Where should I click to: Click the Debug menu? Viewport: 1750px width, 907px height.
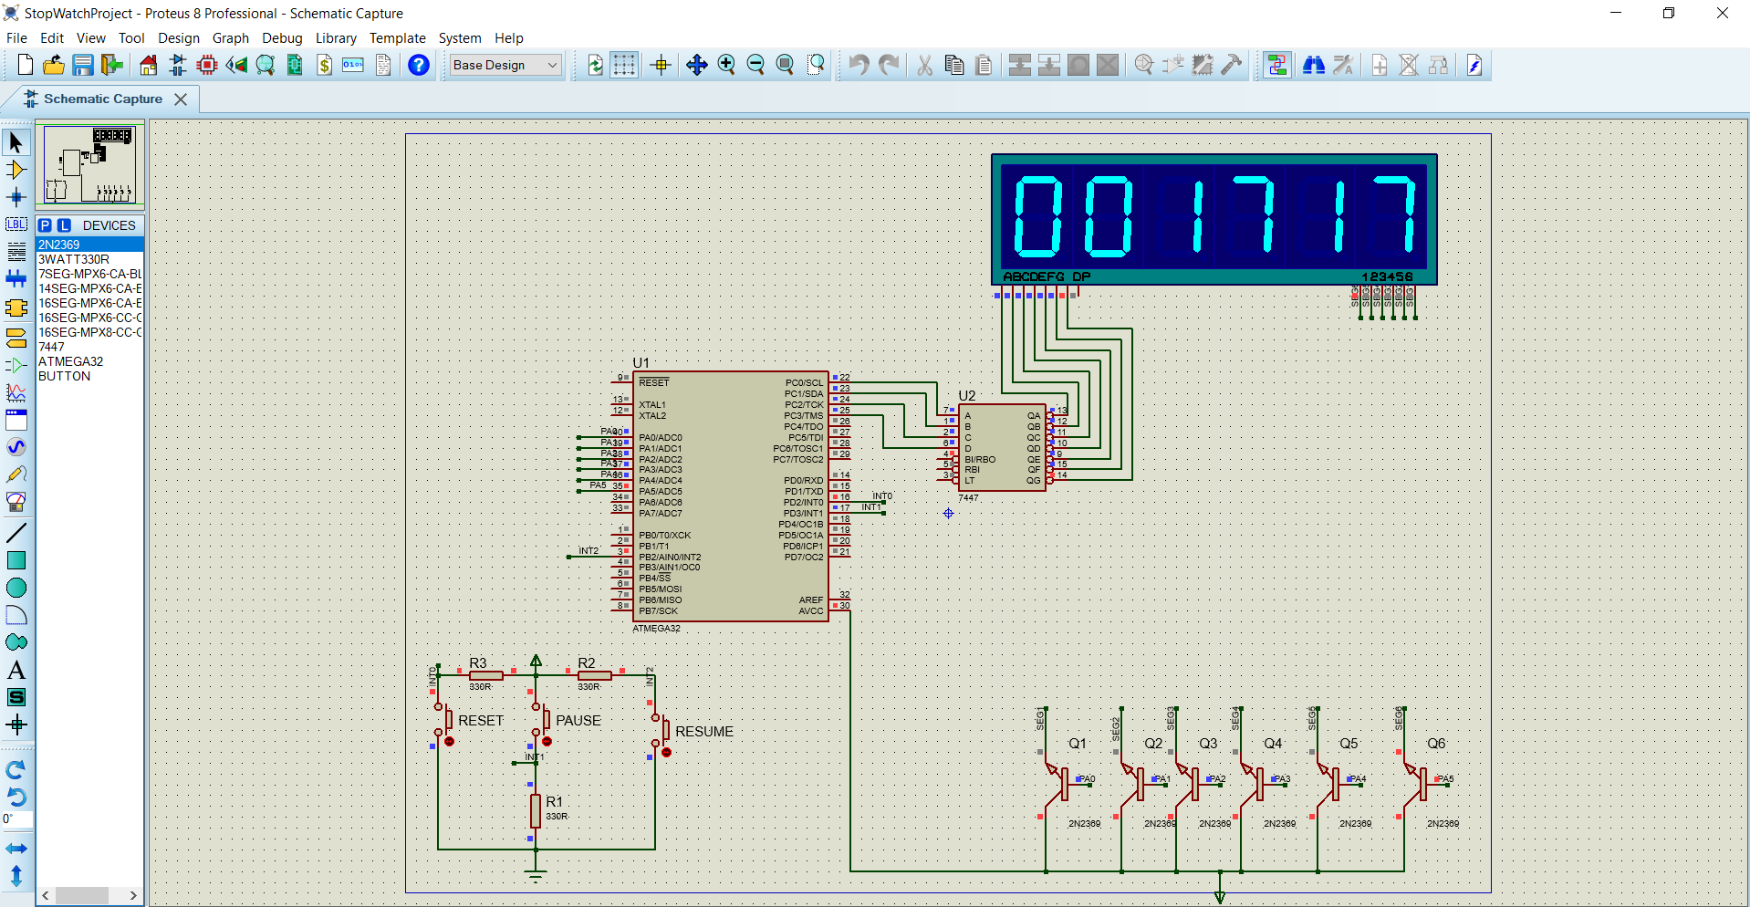pyautogui.click(x=282, y=38)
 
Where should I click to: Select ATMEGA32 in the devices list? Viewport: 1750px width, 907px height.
pyautogui.click(x=70, y=361)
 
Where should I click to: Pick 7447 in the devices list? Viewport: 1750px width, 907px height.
pyautogui.click(x=51, y=347)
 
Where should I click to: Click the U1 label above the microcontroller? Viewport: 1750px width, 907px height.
pyautogui.click(x=641, y=362)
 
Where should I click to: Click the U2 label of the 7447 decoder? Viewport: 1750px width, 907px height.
pyautogui.click(x=967, y=395)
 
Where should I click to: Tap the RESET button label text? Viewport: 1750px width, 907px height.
pyautogui.click(x=481, y=720)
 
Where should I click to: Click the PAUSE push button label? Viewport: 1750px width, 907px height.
pyautogui.click(x=578, y=720)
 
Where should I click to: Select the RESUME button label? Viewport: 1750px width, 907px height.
pyautogui.click(x=703, y=732)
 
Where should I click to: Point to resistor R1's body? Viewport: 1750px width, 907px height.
pyautogui.click(x=536, y=810)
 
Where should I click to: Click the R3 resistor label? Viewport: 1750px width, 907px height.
pyautogui.click(x=478, y=662)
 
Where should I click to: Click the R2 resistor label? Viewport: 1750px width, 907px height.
pyautogui.click(x=587, y=662)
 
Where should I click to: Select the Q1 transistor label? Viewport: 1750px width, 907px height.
pyautogui.click(x=1078, y=744)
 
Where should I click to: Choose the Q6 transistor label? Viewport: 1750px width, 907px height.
pyautogui.click(x=1436, y=744)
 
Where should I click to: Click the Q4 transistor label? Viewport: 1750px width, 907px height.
pyautogui.click(x=1273, y=744)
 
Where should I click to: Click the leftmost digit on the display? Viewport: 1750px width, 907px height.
pyautogui.click(x=1038, y=216)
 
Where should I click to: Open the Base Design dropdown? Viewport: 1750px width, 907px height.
pyautogui.click(x=505, y=65)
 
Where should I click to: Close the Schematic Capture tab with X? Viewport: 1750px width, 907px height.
pyautogui.click(x=181, y=99)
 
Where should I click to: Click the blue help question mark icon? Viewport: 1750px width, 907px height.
pyautogui.click(x=419, y=65)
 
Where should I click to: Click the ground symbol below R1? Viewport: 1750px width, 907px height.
pyautogui.click(x=536, y=875)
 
